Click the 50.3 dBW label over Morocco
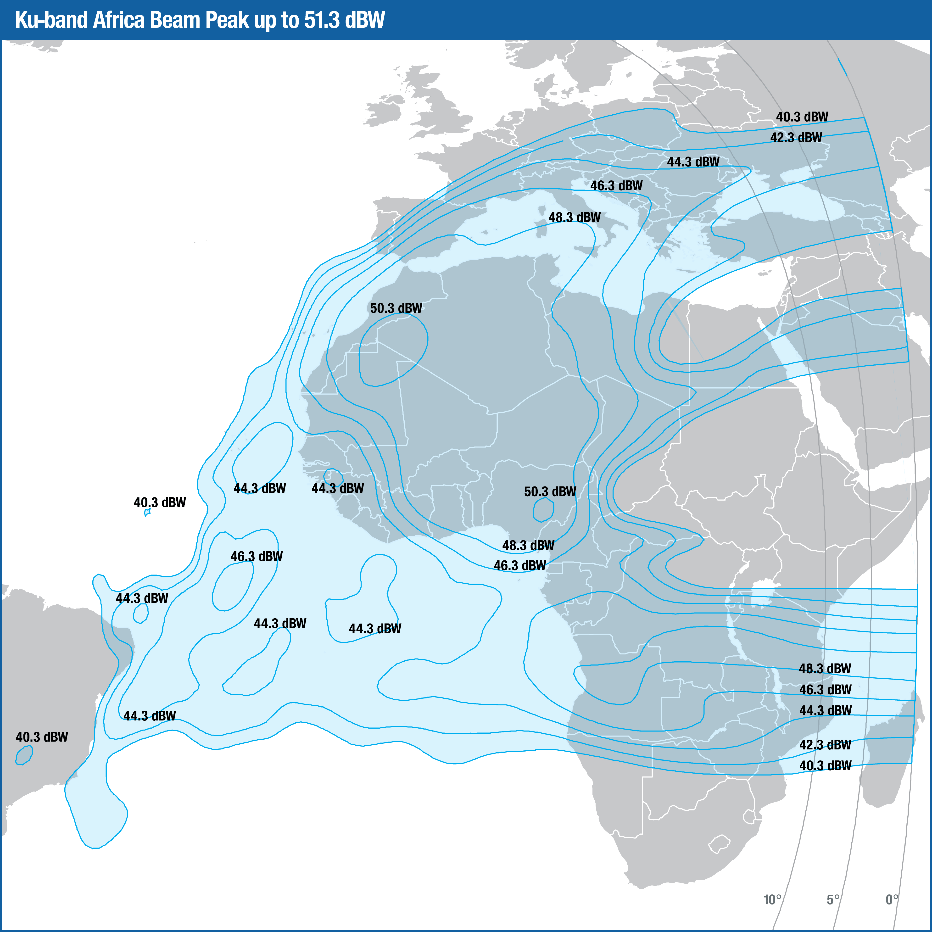tap(396, 308)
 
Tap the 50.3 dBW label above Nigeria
tap(550, 491)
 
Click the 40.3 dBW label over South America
tap(42, 737)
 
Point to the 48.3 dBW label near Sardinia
tap(575, 218)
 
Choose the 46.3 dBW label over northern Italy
tap(617, 186)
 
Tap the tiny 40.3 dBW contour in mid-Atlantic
tap(147, 512)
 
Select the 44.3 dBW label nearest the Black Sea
tap(693, 162)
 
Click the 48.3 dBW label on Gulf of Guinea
tap(528, 546)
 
